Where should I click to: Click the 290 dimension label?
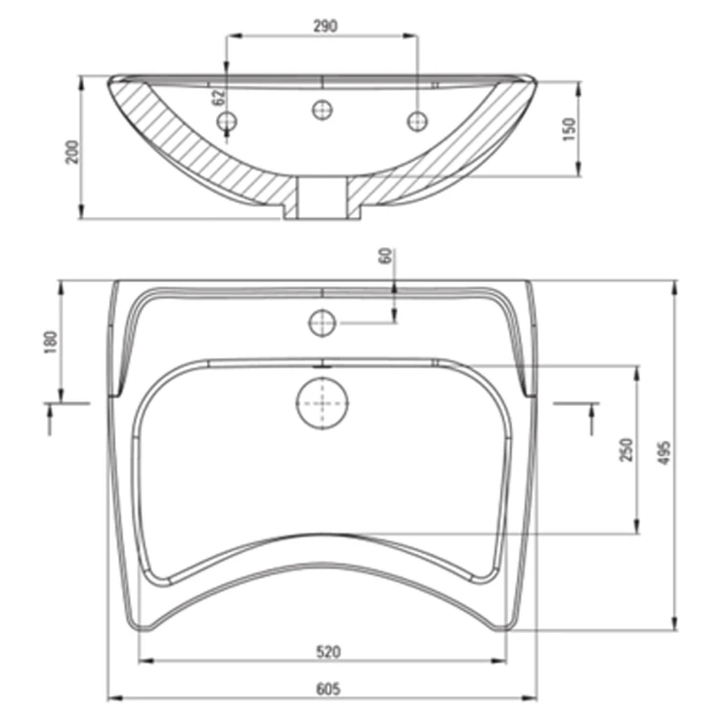coord(325,26)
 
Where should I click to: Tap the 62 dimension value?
coord(219,97)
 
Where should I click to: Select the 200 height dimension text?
coord(72,151)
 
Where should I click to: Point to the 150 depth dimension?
coord(571,130)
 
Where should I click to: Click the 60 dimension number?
coord(386,256)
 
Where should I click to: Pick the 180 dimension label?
coord(51,342)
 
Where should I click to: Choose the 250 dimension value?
coord(625,450)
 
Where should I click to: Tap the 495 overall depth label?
coord(663,453)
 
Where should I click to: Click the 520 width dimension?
coord(328,652)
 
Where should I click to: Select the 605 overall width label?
coord(328,689)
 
